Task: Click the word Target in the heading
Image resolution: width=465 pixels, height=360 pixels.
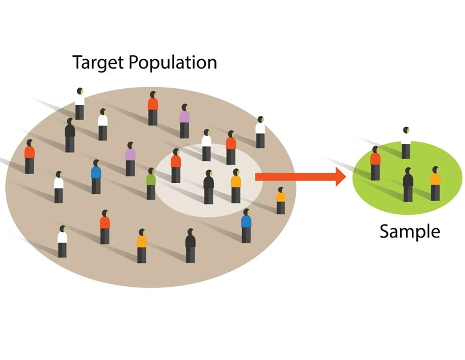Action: point(98,62)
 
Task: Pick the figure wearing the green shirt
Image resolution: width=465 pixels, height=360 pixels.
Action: point(151,183)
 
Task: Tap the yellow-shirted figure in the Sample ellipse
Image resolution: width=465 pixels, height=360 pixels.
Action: point(435,183)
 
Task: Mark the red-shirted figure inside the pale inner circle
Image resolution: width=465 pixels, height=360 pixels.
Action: point(176,165)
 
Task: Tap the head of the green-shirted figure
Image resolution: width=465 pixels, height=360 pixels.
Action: point(151,171)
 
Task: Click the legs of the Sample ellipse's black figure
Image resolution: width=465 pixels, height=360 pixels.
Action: point(408,193)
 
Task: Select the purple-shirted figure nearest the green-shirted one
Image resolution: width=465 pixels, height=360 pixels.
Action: point(130,158)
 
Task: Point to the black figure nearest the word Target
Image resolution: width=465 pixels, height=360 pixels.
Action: point(70,135)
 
